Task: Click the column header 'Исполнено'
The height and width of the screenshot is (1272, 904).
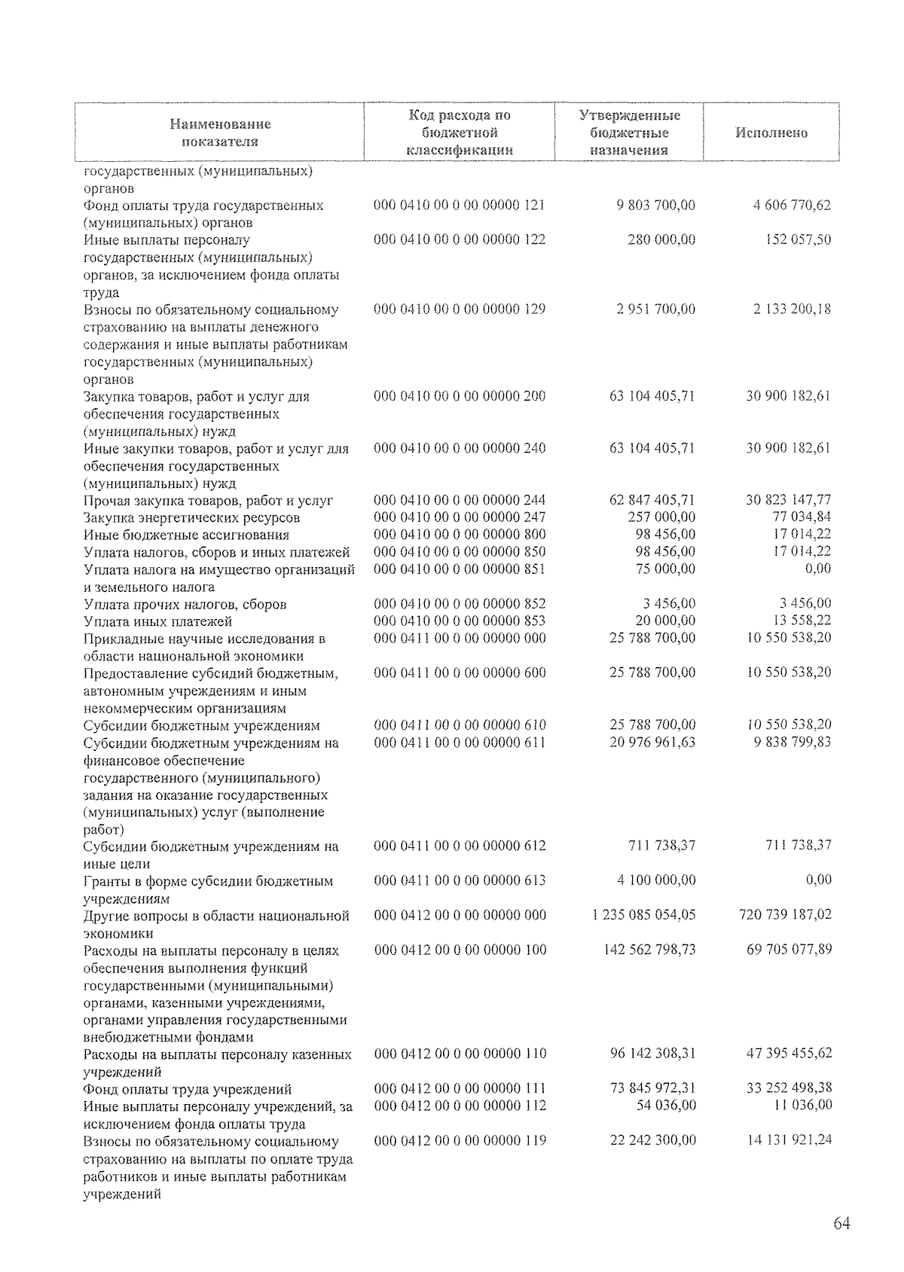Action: (771, 133)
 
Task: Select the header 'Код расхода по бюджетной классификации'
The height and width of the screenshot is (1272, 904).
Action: (459, 133)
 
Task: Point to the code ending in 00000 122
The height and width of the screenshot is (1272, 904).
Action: (460, 239)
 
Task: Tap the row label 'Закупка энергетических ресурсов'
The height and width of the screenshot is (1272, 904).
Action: (191, 517)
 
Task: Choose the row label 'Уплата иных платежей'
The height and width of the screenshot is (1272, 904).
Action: (157, 621)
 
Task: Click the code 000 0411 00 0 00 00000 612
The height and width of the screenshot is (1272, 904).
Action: (460, 846)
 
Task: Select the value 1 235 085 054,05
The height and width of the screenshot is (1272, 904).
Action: (645, 915)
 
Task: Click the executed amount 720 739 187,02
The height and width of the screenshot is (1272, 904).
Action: (785, 915)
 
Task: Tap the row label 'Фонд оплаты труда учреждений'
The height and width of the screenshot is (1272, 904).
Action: (188, 1089)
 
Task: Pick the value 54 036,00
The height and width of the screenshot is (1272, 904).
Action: (663, 1106)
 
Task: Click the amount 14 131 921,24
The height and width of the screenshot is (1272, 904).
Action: (789, 1140)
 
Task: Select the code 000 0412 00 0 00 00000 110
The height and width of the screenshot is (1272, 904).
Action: (460, 1054)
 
